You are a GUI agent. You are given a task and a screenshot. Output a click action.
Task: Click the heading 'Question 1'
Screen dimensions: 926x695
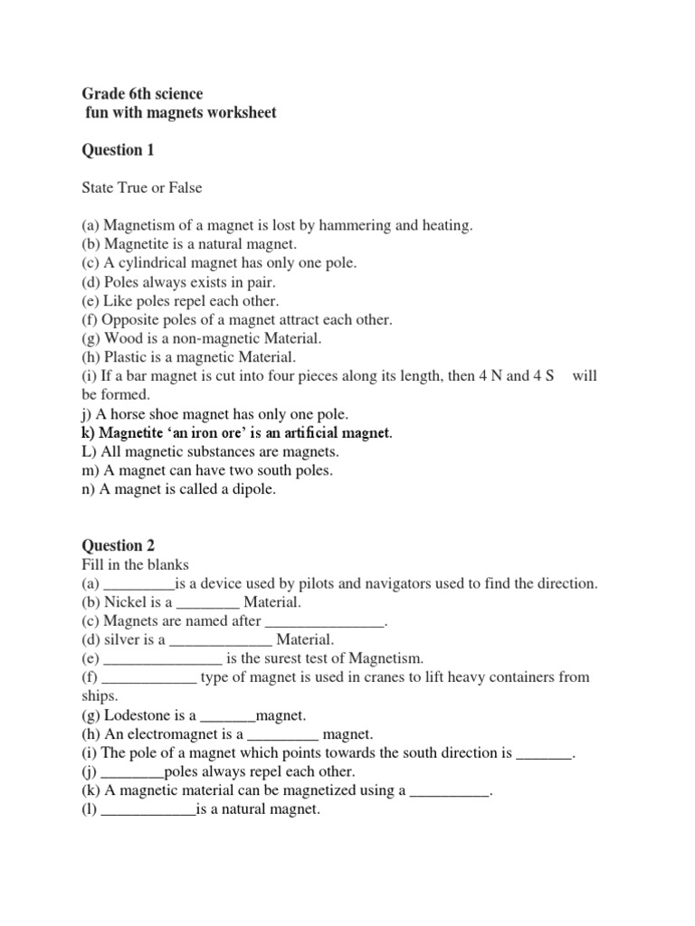tap(113, 150)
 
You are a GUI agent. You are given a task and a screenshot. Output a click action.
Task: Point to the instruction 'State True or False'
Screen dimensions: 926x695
tap(142, 188)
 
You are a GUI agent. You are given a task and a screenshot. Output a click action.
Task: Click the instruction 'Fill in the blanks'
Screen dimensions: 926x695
tap(135, 564)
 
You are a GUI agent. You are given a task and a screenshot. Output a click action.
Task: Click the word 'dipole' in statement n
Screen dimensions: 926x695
tap(252, 489)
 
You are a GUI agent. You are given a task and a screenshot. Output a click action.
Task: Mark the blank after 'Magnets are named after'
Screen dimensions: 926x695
tap(324, 621)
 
